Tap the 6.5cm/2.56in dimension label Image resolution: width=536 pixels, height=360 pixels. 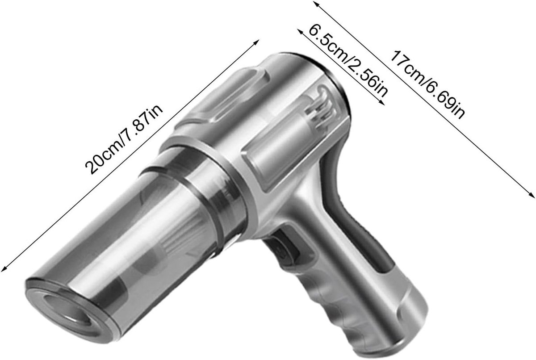(348, 62)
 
